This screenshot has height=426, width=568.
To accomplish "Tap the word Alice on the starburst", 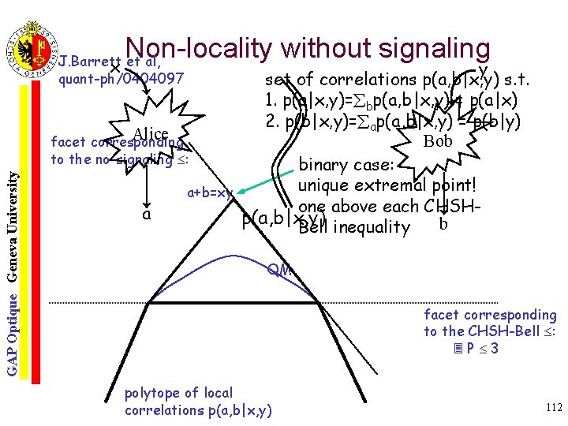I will (151, 132).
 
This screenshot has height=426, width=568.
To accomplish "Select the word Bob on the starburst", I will (438, 142).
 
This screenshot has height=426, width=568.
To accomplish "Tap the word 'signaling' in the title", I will (425, 48).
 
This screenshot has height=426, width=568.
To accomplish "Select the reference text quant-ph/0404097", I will (121, 79).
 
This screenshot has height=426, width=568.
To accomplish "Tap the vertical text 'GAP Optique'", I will (13, 331).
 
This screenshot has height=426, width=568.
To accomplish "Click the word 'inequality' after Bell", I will (371, 228).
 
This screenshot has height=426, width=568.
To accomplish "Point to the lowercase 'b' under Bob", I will (443, 223).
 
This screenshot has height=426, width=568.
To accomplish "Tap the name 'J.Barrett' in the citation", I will (86, 62).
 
